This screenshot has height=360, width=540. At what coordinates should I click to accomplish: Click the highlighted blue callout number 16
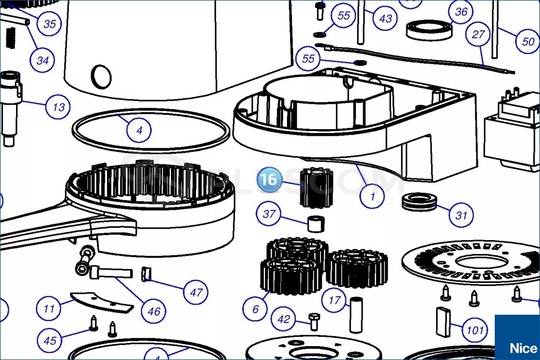(269, 179)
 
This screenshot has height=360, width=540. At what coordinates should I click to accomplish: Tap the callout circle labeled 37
(269, 214)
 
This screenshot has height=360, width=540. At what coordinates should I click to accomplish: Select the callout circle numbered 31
(461, 215)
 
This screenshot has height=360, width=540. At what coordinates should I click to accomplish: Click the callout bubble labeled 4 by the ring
(139, 130)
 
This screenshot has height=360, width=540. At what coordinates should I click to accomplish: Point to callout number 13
(59, 107)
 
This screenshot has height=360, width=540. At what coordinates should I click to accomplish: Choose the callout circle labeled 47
(196, 293)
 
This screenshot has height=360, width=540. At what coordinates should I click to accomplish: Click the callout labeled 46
(154, 311)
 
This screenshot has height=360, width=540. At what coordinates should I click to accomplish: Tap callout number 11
(49, 309)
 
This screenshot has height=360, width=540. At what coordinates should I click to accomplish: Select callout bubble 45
(50, 340)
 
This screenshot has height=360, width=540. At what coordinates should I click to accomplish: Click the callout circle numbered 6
(256, 309)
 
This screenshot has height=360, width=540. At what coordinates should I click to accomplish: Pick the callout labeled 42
(284, 319)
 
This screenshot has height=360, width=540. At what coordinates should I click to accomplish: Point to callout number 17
(335, 300)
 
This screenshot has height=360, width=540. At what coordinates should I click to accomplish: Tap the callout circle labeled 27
(478, 35)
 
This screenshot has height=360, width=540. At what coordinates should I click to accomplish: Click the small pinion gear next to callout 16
(315, 187)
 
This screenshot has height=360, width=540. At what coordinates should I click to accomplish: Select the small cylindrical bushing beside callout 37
(318, 224)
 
